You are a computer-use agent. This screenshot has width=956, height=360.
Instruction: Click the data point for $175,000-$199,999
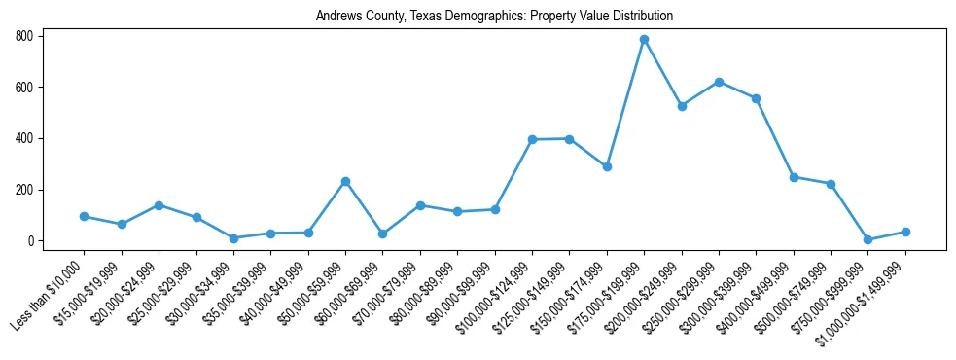coord(644,40)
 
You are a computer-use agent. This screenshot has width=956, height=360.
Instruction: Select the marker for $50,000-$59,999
coord(345,181)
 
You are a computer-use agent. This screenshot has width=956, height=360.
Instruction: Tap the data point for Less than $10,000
coord(84,216)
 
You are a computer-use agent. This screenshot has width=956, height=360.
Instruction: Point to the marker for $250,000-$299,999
coord(719,82)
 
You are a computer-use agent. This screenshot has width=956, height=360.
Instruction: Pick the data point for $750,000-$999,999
coord(867,239)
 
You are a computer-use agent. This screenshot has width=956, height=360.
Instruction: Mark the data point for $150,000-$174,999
coord(607,166)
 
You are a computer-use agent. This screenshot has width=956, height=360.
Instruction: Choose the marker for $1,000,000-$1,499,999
coord(905,232)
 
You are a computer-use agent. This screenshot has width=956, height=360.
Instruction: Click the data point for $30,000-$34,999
coord(233,238)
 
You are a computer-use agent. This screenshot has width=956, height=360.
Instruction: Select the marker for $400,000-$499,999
coord(794,177)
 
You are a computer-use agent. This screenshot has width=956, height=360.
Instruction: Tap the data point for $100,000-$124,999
coord(532,139)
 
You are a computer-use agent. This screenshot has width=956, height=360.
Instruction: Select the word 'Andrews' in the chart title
coord(336,17)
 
